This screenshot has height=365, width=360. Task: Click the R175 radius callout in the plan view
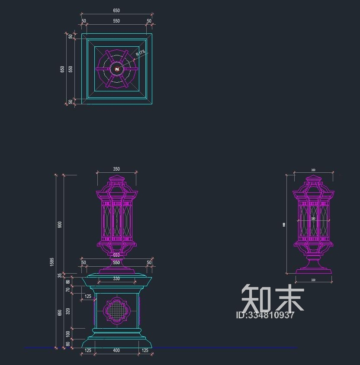point(140,54)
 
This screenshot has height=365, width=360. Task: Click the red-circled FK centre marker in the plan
point(117,69)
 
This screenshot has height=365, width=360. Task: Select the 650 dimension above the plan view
point(116,10)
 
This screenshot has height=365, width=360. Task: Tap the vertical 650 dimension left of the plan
point(63,69)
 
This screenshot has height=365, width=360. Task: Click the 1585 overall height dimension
point(52,262)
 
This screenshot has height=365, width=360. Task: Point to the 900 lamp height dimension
point(60,224)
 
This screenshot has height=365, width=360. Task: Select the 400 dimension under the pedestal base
point(116,350)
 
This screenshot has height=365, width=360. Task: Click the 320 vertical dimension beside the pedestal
point(68,311)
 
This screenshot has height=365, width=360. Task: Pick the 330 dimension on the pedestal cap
point(116,279)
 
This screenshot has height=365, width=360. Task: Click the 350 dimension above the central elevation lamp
point(116,169)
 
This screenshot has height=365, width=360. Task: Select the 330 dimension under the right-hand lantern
point(313,281)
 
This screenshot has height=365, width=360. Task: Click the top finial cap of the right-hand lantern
point(313,178)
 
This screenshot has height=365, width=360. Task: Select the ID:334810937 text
point(265,315)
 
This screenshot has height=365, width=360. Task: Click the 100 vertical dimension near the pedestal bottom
point(68,334)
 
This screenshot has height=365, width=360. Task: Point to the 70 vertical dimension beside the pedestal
point(68,290)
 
